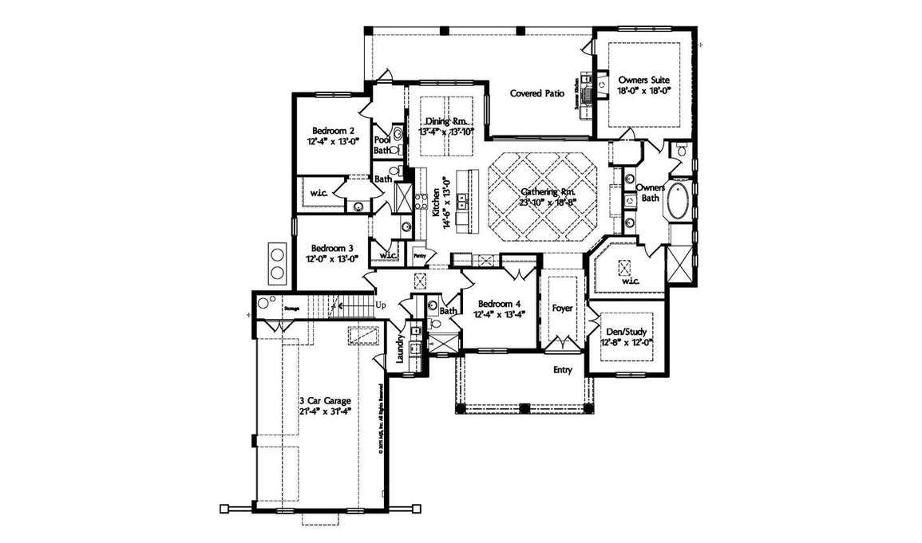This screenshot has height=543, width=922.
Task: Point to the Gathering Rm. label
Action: pyautogui.click(x=548, y=192)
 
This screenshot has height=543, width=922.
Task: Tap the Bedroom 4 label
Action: pyautogui.click(x=499, y=304)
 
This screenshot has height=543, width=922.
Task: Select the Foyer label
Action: pyautogui.click(x=563, y=307)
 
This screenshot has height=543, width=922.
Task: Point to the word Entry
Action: pyautogui.click(x=564, y=370)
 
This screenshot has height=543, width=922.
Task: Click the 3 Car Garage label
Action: pyautogui.click(x=325, y=400)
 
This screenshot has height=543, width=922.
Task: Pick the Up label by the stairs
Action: pyautogui.click(x=381, y=305)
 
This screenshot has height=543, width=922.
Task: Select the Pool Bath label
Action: pyautogui.click(x=382, y=144)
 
